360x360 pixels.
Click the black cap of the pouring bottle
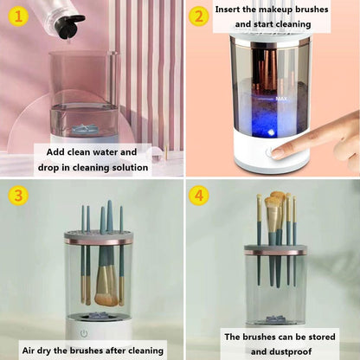[x=74, y=20]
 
